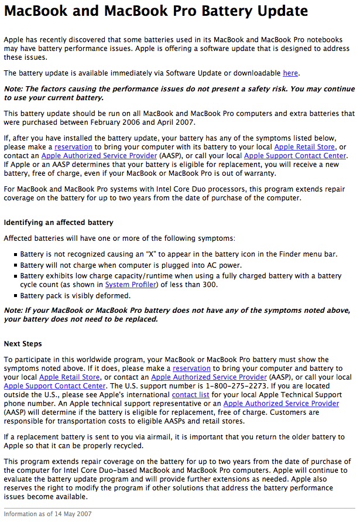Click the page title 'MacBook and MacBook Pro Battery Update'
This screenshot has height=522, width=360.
coord(156,11)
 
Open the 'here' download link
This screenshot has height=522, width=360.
coord(290,73)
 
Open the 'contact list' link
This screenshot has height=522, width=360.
coord(191,395)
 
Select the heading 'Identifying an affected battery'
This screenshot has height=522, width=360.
coord(59,223)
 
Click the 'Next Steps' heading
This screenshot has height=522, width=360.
coord(23,343)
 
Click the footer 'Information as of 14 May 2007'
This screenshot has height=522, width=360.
coord(49,514)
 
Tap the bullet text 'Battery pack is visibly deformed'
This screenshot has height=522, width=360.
coord(75,295)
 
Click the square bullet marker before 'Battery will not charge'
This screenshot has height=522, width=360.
coord(15,265)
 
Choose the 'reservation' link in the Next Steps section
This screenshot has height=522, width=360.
coord(191,369)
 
